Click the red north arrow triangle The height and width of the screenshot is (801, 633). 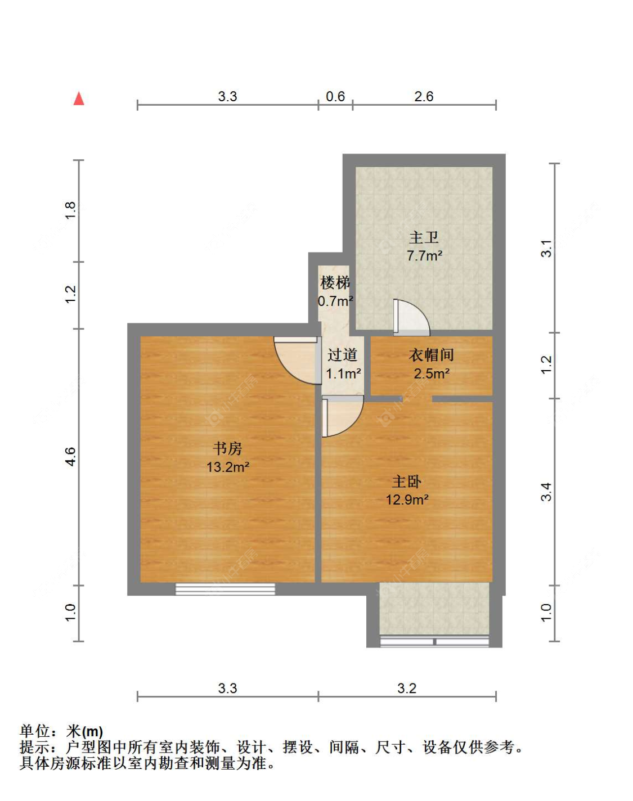pyautogui.click(x=79, y=98)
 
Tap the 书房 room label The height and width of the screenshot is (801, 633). pyautogui.click(x=227, y=448)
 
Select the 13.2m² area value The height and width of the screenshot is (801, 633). pyautogui.click(x=227, y=467)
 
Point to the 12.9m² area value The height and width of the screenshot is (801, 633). pyautogui.click(x=407, y=499)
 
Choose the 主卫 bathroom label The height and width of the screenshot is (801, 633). pyautogui.click(x=424, y=237)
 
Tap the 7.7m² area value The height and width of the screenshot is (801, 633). pyautogui.click(x=424, y=256)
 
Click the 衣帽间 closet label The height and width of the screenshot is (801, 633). pyautogui.click(x=431, y=355)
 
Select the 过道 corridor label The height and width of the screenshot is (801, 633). pyautogui.click(x=343, y=355)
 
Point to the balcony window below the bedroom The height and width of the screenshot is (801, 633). pyautogui.click(x=434, y=641)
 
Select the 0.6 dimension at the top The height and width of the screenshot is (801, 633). pyautogui.click(x=335, y=96)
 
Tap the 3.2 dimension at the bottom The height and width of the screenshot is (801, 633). pyautogui.click(x=407, y=688)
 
